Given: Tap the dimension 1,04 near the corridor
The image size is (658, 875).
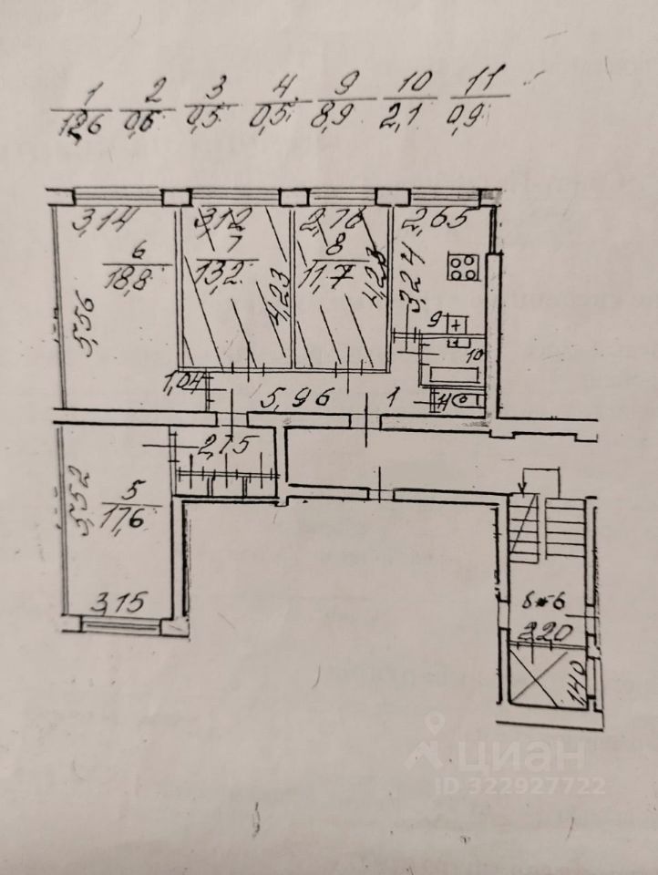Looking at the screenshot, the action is pyautogui.click(x=185, y=385).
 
